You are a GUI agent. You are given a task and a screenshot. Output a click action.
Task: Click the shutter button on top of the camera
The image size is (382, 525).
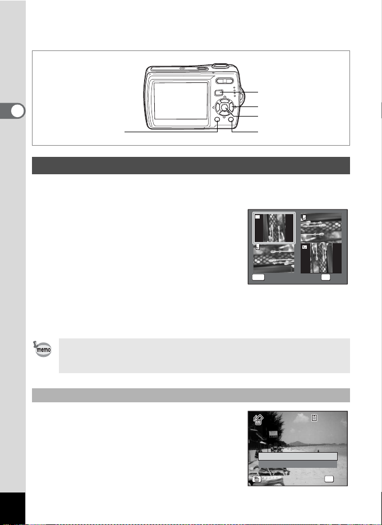pyautogui.click(x=220, y=66)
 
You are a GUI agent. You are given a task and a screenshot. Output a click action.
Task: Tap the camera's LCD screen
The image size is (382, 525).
pyautogui.click(x=181, y=101)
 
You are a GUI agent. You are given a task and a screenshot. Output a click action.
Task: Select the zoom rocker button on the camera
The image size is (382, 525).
pyautogui.click(x=224, y=81)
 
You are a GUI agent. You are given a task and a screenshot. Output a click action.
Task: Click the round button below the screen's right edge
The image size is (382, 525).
pyautogui.click(x=217, y=120)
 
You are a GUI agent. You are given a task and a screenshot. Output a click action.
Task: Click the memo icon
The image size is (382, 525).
pyautogui.click(x=43, y=349)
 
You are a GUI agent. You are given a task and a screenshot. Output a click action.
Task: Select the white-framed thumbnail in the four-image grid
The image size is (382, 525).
pyautogui.click(x=274, y=227)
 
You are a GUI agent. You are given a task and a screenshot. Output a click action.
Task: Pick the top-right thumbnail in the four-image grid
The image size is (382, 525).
pyautogui.click(x=321, y=227)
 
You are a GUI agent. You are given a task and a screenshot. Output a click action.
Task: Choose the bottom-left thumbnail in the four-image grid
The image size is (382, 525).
pyautogui.click(x=274, y=258)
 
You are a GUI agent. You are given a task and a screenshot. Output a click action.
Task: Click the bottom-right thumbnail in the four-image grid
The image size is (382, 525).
pyautogui.click(x=321, y=258)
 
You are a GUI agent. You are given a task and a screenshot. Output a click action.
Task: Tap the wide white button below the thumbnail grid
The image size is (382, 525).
pyautogui.click(x=258, y=277)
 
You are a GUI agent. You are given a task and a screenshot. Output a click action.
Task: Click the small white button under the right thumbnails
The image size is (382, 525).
pyautogui.click(x=325, y=277)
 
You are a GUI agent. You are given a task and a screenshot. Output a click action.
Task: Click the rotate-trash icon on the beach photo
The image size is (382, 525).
pyautogui.click(x=259, y=420)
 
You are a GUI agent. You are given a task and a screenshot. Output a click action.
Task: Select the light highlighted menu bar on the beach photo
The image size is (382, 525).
pyautogui.click(x=297, y=456)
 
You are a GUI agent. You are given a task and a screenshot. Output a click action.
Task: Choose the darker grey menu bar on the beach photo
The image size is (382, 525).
pyautogui.click(x=297, y=464)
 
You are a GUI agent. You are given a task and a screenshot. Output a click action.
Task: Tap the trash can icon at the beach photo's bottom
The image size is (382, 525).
pyautogui.click(x=256, y=479)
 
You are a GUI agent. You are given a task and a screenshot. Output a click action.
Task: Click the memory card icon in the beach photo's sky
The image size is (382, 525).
pyautogui.click(x=314, y=417)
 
